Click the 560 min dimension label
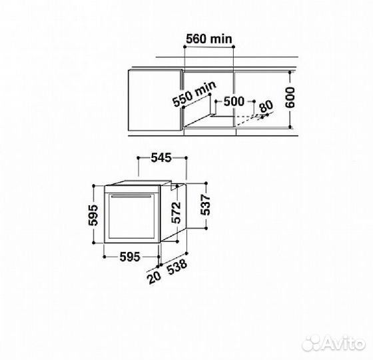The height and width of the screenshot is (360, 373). click(x=208, y=39)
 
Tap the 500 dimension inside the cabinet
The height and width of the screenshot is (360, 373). click(x=233, y=101)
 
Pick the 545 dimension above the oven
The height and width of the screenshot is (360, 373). click(x=161, y=158)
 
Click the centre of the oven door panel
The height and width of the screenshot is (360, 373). click(x=133, y=220)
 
